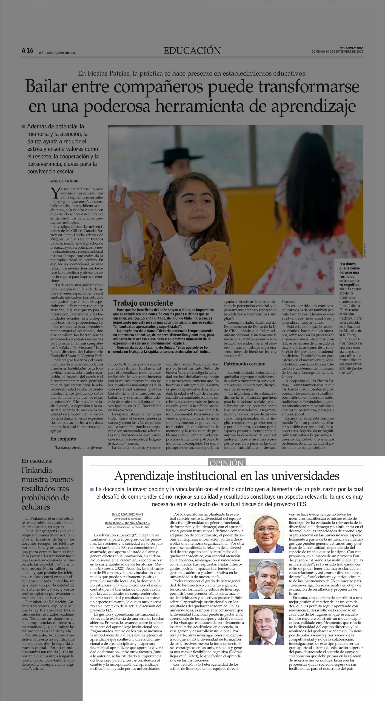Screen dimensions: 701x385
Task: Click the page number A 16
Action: coord(27,51)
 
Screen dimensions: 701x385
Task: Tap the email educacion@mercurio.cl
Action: coord(57,53)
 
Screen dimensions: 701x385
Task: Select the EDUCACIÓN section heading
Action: coord(192,51)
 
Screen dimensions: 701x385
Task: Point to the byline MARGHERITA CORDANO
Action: coord(64,181)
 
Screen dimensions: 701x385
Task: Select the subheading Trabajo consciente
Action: coord(143,303)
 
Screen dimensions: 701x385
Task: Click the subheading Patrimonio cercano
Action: coord(244,364)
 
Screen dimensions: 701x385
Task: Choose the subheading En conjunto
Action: coord(63,439)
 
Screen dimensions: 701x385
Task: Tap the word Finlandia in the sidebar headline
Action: coord(37,470)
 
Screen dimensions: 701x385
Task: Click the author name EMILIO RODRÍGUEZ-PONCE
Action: coord(127,515)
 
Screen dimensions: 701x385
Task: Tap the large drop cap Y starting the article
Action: coord(55,193)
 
